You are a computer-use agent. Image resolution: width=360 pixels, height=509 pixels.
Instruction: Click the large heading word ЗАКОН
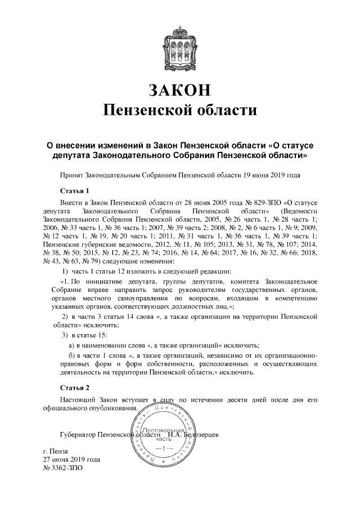[x=180, y=89]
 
